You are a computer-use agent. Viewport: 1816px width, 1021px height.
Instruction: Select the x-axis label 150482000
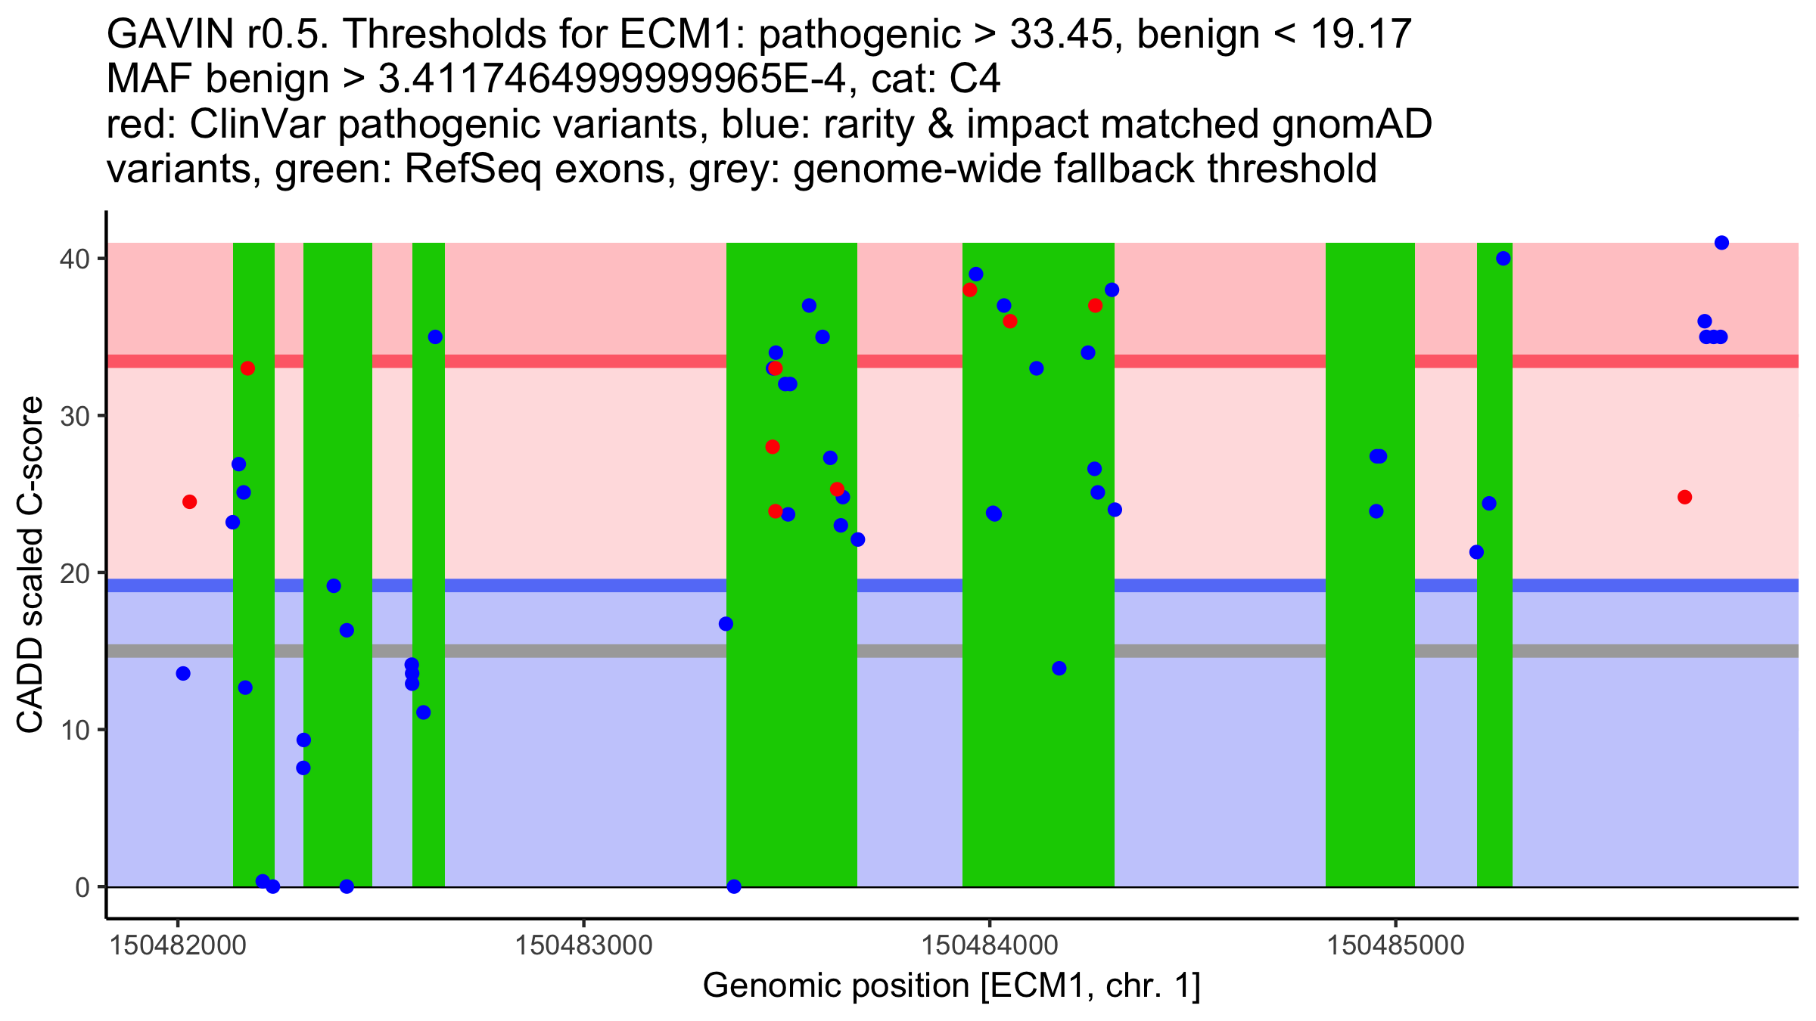click(x=178, y=946)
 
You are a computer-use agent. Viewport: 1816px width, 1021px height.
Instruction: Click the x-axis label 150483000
click(x=583, y=946)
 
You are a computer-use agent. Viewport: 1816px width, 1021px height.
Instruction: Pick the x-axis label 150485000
click(x=1396, y=946)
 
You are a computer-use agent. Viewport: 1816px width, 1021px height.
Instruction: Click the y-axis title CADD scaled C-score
click(x=30, y=565)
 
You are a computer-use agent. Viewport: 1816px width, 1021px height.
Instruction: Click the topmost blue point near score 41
click(x=1721, y=243)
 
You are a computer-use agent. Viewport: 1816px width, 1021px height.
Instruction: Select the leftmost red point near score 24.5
click(x=190, y=502)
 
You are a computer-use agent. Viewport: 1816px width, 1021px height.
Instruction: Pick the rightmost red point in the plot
click(x=1684, y=497)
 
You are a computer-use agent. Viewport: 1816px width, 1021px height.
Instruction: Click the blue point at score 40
click(x=1503, y=259)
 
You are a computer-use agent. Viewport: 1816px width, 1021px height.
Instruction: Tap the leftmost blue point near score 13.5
click(x=183, y=673)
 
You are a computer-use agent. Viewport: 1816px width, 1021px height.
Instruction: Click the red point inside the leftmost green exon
click(x=247, y=368)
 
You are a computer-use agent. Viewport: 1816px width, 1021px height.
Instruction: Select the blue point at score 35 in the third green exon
click(x=435, y=337)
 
